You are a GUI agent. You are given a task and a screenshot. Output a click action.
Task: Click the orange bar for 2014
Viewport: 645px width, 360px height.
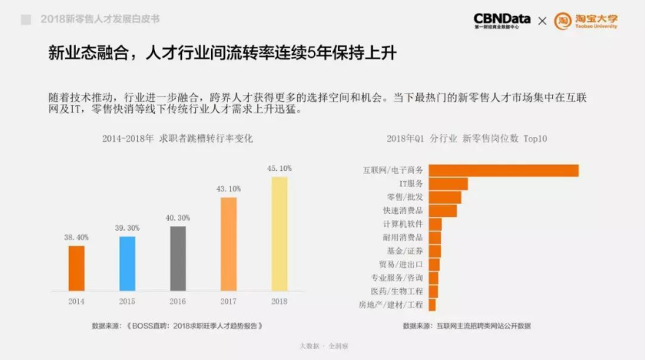(77, 267)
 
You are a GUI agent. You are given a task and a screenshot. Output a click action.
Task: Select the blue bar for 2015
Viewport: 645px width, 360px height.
(127, 263)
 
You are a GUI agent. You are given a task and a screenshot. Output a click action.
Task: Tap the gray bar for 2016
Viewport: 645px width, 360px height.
(178, 258)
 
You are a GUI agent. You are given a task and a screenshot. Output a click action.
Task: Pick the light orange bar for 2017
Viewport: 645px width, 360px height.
(229, 243)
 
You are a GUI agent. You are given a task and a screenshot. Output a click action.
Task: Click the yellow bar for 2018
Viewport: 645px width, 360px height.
(280, 233)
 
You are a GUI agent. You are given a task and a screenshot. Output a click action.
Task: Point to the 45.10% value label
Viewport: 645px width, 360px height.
(280, 169)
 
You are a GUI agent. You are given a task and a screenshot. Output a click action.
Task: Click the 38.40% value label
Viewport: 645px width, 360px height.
(77, 237)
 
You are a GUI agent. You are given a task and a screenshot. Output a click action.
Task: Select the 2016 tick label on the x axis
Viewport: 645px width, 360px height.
(178, 301)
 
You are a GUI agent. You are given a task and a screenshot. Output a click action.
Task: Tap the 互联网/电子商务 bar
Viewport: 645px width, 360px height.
(503, 170)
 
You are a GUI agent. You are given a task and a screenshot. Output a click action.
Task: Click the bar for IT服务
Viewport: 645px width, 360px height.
(448, 184)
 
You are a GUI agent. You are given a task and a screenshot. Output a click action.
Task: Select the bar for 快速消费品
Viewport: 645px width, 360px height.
(443, 211)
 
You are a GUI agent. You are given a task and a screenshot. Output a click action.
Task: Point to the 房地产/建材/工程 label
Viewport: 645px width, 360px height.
(391, 305)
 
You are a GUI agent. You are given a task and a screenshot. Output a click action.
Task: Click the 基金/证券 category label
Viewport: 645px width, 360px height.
(405, 250)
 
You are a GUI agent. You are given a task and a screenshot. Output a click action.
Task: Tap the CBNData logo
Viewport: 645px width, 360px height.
(502, 20)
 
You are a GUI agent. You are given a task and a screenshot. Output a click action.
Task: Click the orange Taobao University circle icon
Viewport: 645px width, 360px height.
(562, 20)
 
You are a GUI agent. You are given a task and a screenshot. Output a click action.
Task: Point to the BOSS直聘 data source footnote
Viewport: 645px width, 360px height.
(177, 326)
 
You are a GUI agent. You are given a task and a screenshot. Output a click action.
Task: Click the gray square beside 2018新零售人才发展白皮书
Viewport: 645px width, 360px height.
(26, 20)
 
